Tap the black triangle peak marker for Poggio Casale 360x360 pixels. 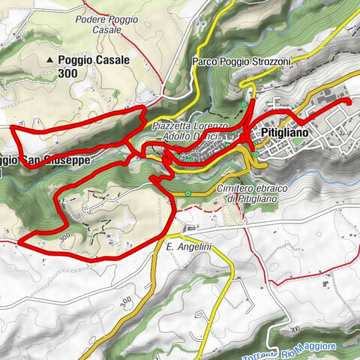click(x=50, y=59)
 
